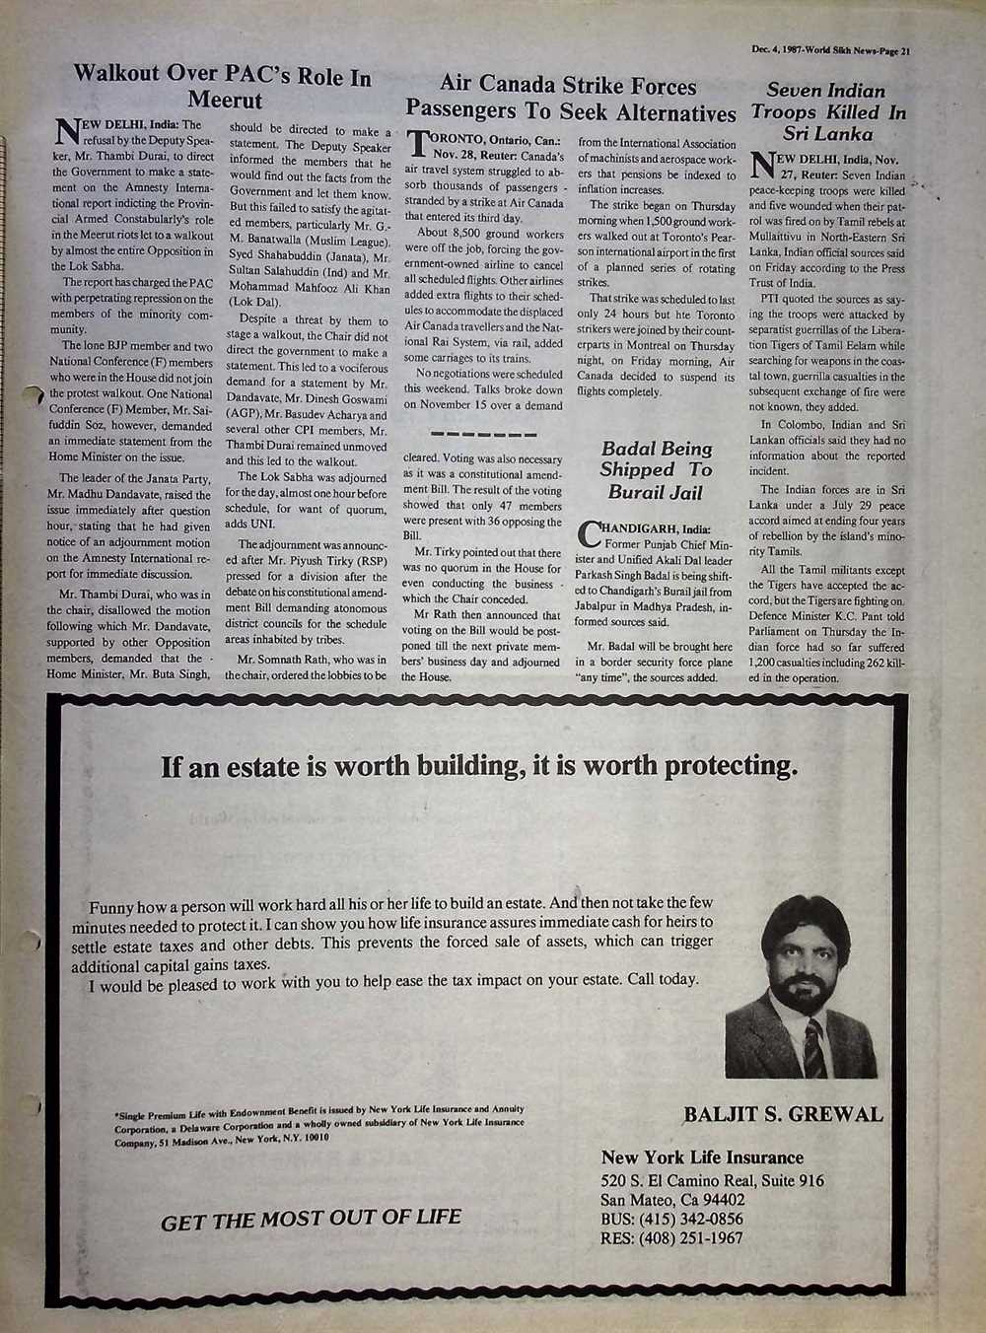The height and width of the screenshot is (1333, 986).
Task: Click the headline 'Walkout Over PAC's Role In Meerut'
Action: tap(223, 88)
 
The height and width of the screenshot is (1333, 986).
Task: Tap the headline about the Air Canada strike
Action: tap(570, 99)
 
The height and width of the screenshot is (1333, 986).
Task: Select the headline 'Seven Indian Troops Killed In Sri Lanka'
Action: tap(828, 111)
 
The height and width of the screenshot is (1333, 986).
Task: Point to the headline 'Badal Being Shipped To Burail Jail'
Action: tap(656, 470)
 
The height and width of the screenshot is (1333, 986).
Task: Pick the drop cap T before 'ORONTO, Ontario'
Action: tap(416, 145)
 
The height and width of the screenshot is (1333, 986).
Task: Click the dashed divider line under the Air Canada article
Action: tap(483, 435)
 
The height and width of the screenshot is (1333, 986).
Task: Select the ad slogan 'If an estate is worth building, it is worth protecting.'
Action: tap(479, 766)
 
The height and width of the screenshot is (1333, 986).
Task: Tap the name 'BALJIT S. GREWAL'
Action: tap(783, 1115)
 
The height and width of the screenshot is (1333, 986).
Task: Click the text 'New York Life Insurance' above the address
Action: tap(702, 1158)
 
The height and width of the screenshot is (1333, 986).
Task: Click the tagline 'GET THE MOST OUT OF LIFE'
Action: tap(311, 1219)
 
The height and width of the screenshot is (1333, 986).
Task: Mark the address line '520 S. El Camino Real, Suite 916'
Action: tap(712, 1181)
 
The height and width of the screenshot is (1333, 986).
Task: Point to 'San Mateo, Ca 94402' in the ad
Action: tap(672, 1200)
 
